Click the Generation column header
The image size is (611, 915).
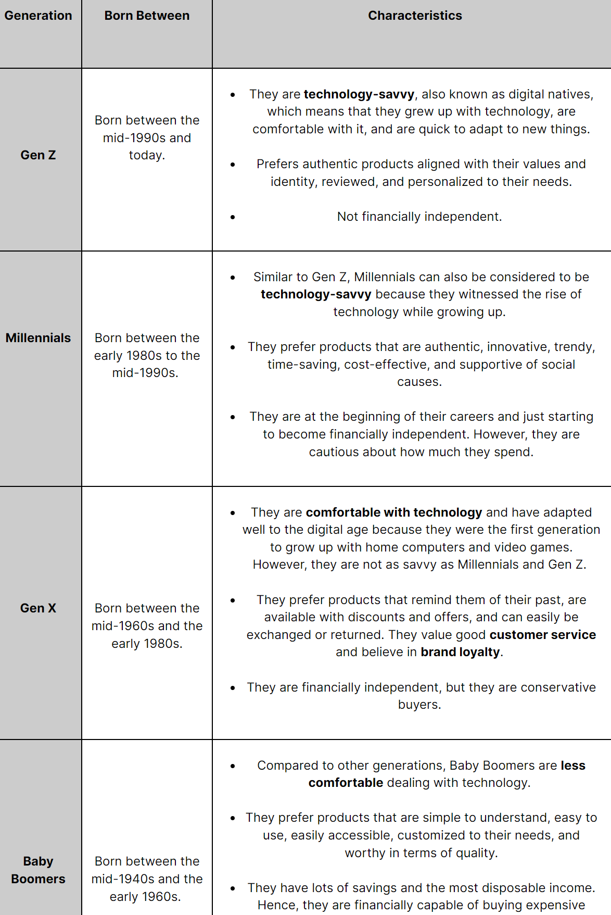(38, 16)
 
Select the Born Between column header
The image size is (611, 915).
(147, 16)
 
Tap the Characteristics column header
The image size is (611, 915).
(415, 16)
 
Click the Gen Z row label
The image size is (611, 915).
(38, 155)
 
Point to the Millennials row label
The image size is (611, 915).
(38, 338)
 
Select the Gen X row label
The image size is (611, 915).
(38, 608)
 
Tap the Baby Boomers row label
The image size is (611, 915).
(38, 870)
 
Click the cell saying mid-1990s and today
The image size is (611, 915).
(147, 138)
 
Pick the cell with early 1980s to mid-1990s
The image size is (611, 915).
(147, 356)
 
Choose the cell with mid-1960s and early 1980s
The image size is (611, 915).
(147, 626)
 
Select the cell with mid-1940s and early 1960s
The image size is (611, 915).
(147, 879)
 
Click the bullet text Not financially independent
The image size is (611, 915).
(419, 217)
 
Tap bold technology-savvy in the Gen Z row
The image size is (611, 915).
(359, 94)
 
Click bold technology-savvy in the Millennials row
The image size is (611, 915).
(316, 294)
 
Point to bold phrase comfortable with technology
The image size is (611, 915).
(394, 512)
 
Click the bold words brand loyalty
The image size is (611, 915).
(460, 652)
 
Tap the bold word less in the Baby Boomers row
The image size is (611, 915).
(573, 766)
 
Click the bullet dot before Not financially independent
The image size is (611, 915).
(233, 217)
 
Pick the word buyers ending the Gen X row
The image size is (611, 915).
(419, 705)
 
